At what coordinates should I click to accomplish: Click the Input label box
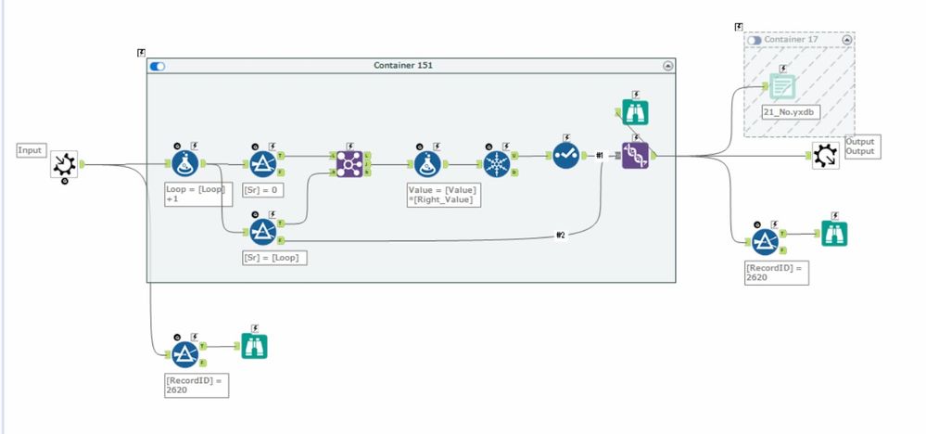pyautogui.click(x=31, y=149)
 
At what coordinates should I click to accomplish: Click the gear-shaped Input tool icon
pyautogui.click(x=63, y=165)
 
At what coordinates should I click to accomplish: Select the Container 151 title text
pyautogui.click(x=403, y=66)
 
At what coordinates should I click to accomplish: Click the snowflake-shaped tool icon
pyautogui.click(x=498, y=159)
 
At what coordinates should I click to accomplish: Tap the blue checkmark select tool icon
pyautogui.click(x=565, y=157)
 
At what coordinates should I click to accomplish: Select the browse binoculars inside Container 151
pyautogui.click(x=635, y=111)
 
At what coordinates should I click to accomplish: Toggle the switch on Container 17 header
pyautogui.click(x=754, y=41)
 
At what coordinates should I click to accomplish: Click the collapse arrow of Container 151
pyautogui.click(x=668, y=66)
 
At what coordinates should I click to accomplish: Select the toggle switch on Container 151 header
pyautogui.click(x=158, y=66)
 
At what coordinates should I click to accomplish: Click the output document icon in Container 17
pyautogui.click(x=782, y=86)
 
